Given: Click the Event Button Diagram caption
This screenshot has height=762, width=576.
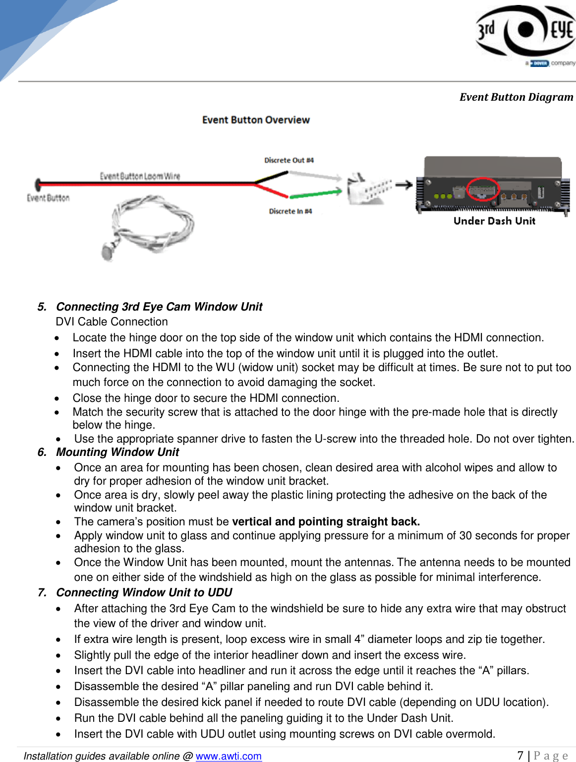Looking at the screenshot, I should [x=516, y=97].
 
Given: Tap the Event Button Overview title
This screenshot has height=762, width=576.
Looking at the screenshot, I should [x=256, y=120].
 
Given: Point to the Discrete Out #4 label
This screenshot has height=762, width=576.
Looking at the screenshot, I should [x=289, y=160].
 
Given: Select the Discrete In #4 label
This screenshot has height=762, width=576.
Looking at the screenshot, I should [x=290, y=211].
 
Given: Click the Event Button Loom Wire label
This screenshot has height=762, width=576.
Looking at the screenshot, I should [x=140, y=176].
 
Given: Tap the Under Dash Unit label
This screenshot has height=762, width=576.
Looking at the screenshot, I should [x=494, y=221].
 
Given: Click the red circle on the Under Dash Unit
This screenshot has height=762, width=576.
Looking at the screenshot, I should [x=482, y=190].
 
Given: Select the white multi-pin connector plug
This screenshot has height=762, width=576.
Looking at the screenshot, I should [x=368, y=189].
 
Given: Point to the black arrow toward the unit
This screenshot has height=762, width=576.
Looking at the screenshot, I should [x=403, y=185].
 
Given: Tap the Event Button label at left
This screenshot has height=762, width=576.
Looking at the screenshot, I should [x=48, y=198].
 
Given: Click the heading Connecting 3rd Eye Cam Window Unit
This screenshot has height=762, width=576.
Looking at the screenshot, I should [x=159, y=307].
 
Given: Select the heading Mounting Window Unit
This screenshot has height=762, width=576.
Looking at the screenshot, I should [x=117, y=452].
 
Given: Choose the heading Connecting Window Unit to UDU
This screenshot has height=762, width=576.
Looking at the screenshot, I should [x=144, y=592].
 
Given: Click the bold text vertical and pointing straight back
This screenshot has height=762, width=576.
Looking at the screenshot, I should [x=326, y=521].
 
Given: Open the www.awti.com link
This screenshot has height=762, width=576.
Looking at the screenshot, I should [x=229, y=756].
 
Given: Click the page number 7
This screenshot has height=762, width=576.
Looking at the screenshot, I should [x=520, y=756].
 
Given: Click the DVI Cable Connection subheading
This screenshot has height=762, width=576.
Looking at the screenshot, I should [x=112, y=321].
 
